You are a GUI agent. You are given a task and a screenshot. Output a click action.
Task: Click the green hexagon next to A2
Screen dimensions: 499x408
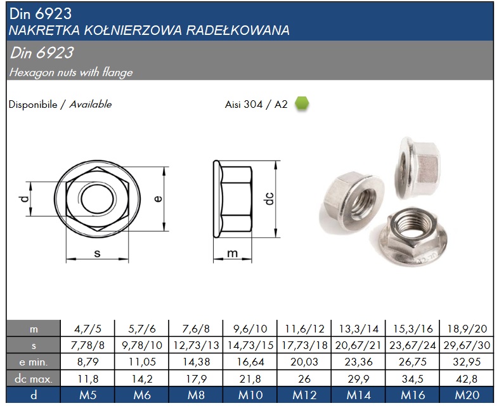[302, 103]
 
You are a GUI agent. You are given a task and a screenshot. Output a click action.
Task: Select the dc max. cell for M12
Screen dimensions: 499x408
[304, 379]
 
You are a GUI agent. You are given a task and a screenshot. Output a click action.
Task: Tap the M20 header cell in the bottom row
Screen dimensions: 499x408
[467, 395]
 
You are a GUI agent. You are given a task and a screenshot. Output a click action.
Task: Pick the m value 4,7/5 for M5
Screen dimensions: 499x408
[87, 329]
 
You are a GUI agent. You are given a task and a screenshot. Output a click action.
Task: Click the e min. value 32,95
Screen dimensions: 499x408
[467, 362]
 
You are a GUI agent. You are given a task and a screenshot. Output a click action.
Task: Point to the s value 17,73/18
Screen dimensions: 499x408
[304, 345]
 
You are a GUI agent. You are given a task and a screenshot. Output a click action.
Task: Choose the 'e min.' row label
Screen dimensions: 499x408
[34, 362]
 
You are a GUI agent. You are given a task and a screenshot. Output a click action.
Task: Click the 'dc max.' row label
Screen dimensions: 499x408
[34, 379]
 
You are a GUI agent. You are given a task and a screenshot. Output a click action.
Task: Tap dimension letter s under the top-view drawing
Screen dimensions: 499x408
[97, 254]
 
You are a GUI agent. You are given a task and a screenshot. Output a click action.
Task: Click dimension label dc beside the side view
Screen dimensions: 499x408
[269, 199]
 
